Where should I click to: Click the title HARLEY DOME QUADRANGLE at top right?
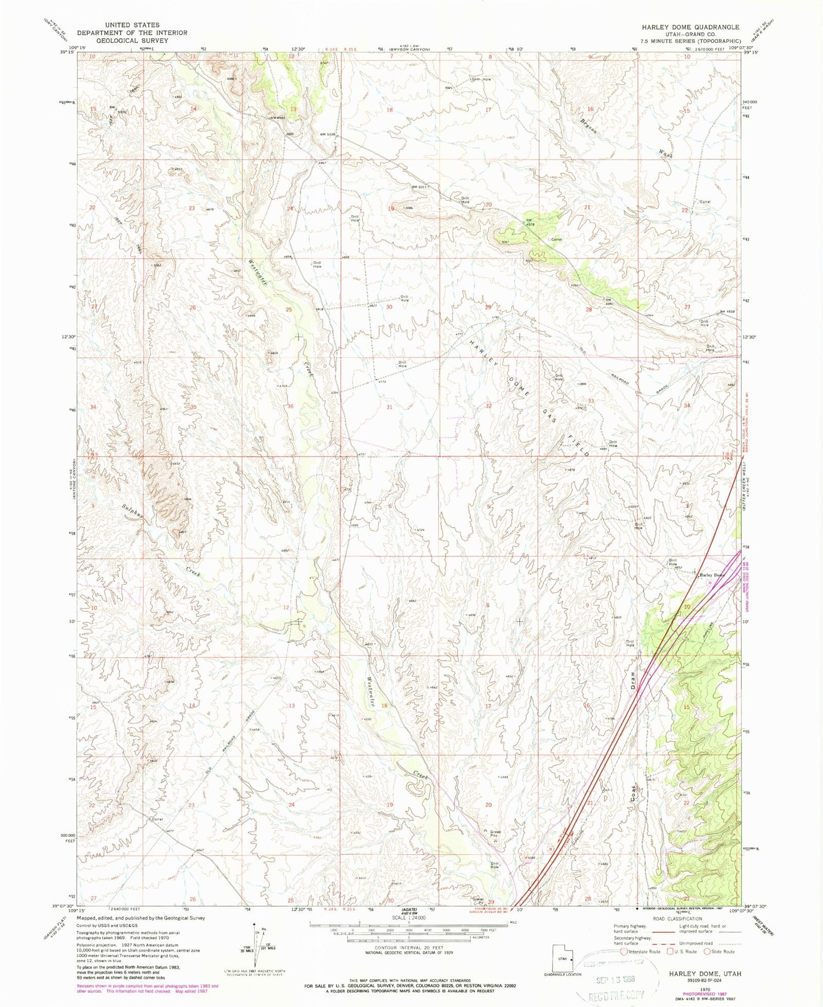(x=689, y=27)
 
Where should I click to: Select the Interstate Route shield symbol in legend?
(x=625, y=952)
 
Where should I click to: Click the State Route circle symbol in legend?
(x=708, y=952)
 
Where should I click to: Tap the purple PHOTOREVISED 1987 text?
(x=704, y=978)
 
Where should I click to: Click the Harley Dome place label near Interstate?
(x=711, y=575)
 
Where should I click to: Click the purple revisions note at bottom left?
(x=147, y=988)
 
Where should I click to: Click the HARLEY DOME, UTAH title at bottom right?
(x=704, y=958)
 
